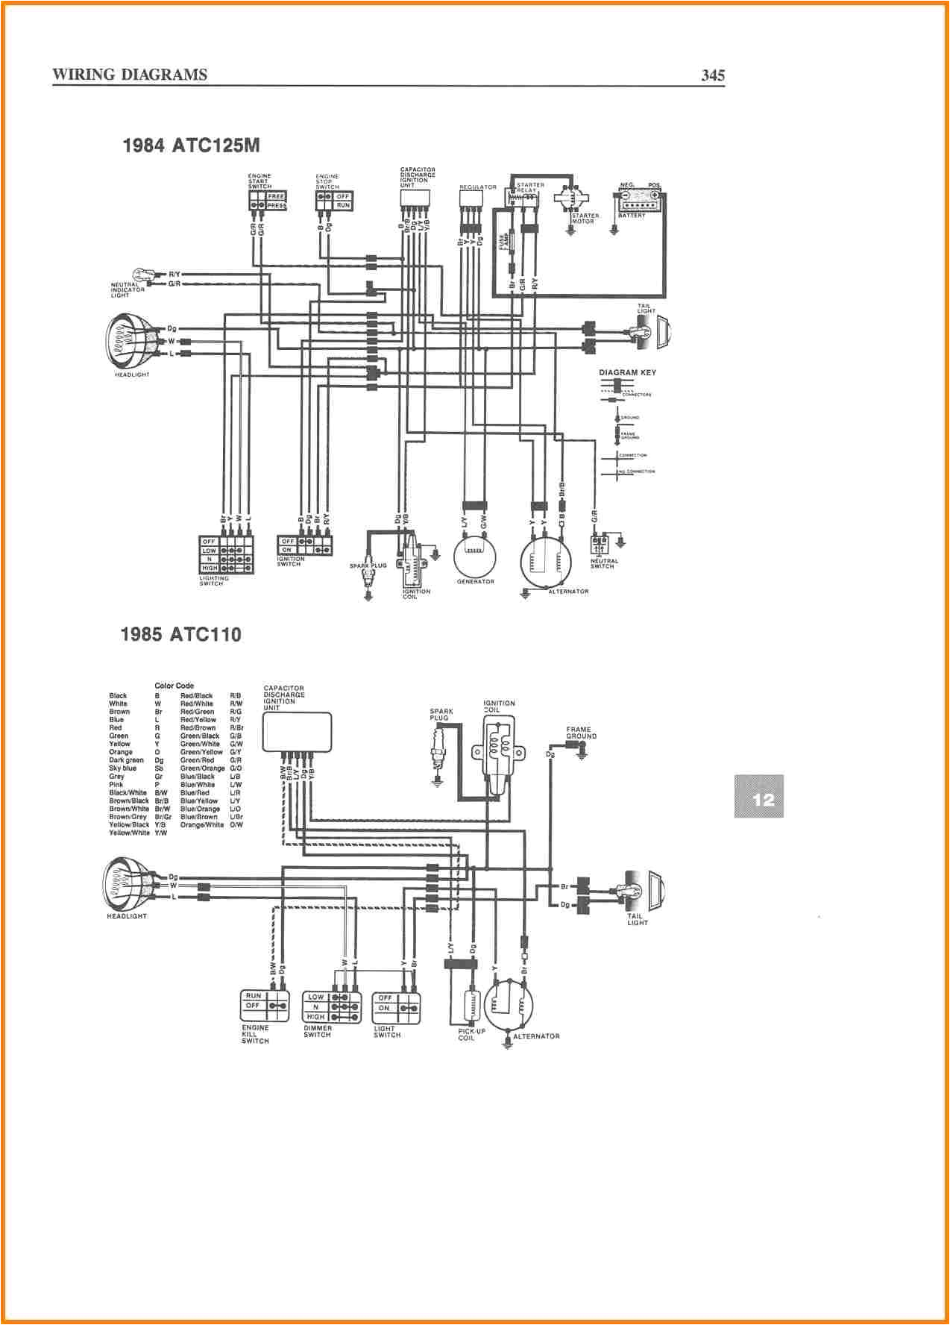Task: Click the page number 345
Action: [x=712, y=75]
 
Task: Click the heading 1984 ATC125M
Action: [x=191, y=145]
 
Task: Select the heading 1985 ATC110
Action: [x=181, y=634]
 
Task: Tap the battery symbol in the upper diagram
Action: [x=639, y=203]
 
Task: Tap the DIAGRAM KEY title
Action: [x=627, y=372]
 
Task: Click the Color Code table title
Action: [x=174, y=686]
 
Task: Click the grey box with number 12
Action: [x=759, y=796]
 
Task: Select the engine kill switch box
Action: [x=265, y=1006]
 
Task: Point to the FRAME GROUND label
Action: [x=580, y=733]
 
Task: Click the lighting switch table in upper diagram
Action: [x=227, y=554]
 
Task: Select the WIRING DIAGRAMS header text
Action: [x=130, y=75]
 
